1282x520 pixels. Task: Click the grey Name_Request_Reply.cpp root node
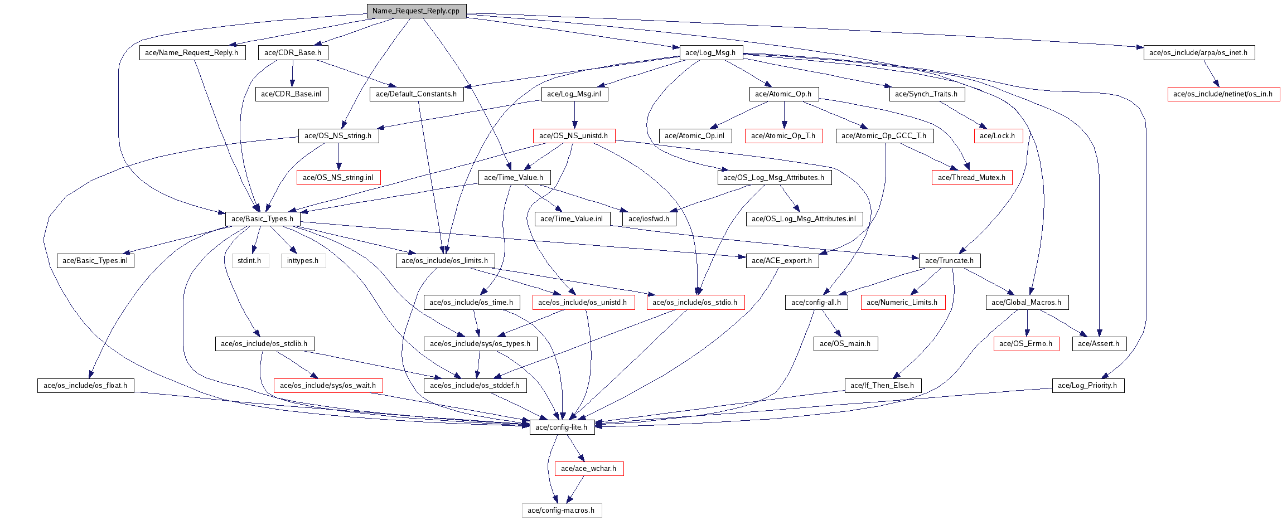point(416,11)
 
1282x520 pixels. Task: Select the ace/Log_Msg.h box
point(710,53)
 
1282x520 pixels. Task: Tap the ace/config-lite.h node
point(562,427)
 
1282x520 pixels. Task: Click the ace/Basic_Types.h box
point(263,219)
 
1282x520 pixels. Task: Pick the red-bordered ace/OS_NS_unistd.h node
point(574,136)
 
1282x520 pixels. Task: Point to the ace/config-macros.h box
point(562,511)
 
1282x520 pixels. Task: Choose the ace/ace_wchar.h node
point(589,469)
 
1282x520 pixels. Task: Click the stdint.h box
point(250,261)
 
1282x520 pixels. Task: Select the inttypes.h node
point(303,261)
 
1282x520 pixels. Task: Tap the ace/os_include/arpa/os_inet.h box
point(1199,53)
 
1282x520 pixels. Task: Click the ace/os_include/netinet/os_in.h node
point(1223,94)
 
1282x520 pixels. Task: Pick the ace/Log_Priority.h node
point(1088,386)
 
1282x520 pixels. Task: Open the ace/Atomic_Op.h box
point(783,94)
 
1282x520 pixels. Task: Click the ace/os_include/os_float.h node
point(86,386)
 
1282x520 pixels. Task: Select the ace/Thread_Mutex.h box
point(972,178)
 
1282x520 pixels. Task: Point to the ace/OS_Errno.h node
point(1026,344)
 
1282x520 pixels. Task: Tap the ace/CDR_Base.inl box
point(292,94)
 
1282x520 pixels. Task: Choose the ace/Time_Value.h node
point(514,178)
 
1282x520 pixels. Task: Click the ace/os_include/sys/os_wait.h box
point(328,386)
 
